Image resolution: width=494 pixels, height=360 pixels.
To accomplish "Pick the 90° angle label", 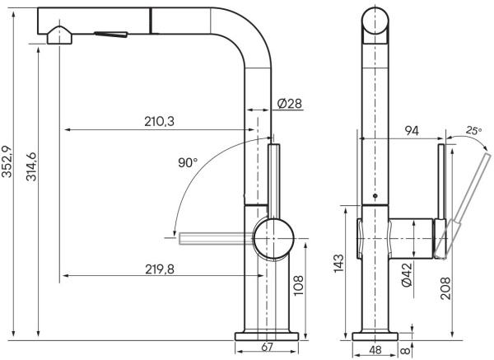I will coord(188,162).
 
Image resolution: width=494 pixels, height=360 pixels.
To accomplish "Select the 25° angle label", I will coord(473,130).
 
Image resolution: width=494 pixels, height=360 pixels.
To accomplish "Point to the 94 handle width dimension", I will coord(412,130).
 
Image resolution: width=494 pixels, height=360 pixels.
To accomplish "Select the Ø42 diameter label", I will coord(407,272).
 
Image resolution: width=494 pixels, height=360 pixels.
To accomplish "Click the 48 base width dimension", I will coord(374,350).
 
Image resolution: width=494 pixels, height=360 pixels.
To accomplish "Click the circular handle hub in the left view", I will coord(273,239).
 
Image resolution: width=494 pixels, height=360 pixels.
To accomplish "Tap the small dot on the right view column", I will coord(375,197).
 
